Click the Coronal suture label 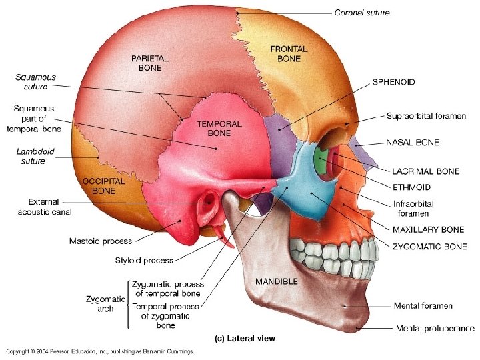point(362,13)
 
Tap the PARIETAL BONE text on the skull point(150,63)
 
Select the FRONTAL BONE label point(289,53)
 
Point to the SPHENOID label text point(393,82)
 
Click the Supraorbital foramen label point(426,116)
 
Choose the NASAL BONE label point(413,143)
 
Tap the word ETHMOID point(411,187)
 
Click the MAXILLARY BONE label point(429,230)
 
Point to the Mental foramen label point(423,306)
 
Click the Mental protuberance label point(435,328)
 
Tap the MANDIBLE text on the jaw point(277,281)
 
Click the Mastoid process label point(100,241)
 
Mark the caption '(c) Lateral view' point(244,339)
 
